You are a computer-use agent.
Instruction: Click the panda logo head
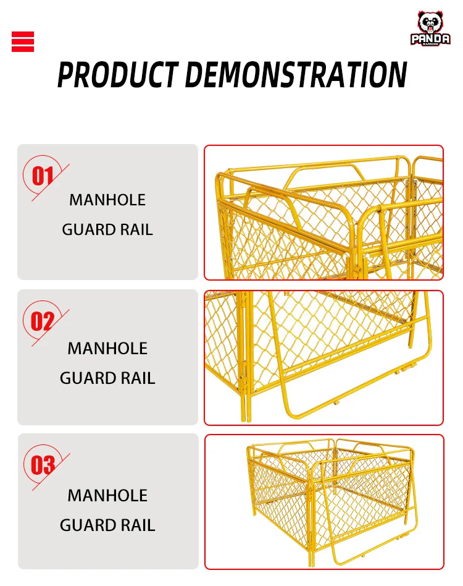(x=430, y=23)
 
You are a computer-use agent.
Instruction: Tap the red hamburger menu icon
(x=23, y=41)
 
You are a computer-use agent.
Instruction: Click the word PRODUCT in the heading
(x=117, y=75)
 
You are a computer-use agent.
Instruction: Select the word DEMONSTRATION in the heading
(x=296, y=75)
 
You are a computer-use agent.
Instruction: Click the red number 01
(x=43, y=176)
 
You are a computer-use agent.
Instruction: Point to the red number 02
(x=43, y=322)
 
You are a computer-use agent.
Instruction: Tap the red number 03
(x=43, y=465)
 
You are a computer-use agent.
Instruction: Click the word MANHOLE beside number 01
(x=107, y=200)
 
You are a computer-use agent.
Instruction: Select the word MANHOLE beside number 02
(x=107, y=348)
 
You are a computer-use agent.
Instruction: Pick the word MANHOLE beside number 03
(x=107, y=495)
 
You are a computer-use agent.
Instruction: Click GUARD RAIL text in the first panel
(x=107, y=229)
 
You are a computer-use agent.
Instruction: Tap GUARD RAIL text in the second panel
(x=107, y=378)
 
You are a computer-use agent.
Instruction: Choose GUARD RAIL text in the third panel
(x=107, y=525)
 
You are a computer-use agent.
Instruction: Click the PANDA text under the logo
(x=430, y=38)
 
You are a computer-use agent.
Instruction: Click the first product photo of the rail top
(x=323, y=212)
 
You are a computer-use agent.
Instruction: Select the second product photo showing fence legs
(x=323, y=357)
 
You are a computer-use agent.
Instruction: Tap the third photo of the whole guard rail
(x=323, y=501)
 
